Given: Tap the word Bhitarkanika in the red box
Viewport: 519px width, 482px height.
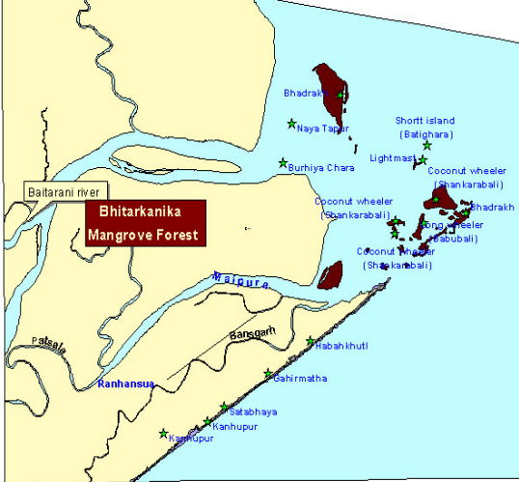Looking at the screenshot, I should click(142, 214).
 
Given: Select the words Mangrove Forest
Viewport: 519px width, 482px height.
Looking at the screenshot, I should click(142, 234).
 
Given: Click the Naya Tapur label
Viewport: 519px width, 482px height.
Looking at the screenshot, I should click(322, 128).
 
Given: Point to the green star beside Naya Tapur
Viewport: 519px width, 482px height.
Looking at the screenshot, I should click(291, 123).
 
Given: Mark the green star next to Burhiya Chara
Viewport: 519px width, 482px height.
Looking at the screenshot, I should click(283, 162).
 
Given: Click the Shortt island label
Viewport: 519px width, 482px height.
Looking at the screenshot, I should click(423, 121).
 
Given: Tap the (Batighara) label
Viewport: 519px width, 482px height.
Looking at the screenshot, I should click(426, 134).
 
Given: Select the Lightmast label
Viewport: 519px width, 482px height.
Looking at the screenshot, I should click(393, 157).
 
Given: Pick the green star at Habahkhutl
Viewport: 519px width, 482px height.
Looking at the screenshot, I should click(310, 341).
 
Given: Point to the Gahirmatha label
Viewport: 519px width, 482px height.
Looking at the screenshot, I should click(300, 379).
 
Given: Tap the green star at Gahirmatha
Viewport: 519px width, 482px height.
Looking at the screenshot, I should click(268, 374).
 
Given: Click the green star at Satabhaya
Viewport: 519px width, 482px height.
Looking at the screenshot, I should click(224, 407).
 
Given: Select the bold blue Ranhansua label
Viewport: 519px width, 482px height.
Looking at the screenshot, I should click(126, 384).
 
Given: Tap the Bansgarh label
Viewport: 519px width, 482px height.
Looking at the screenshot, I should click(248, 335).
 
